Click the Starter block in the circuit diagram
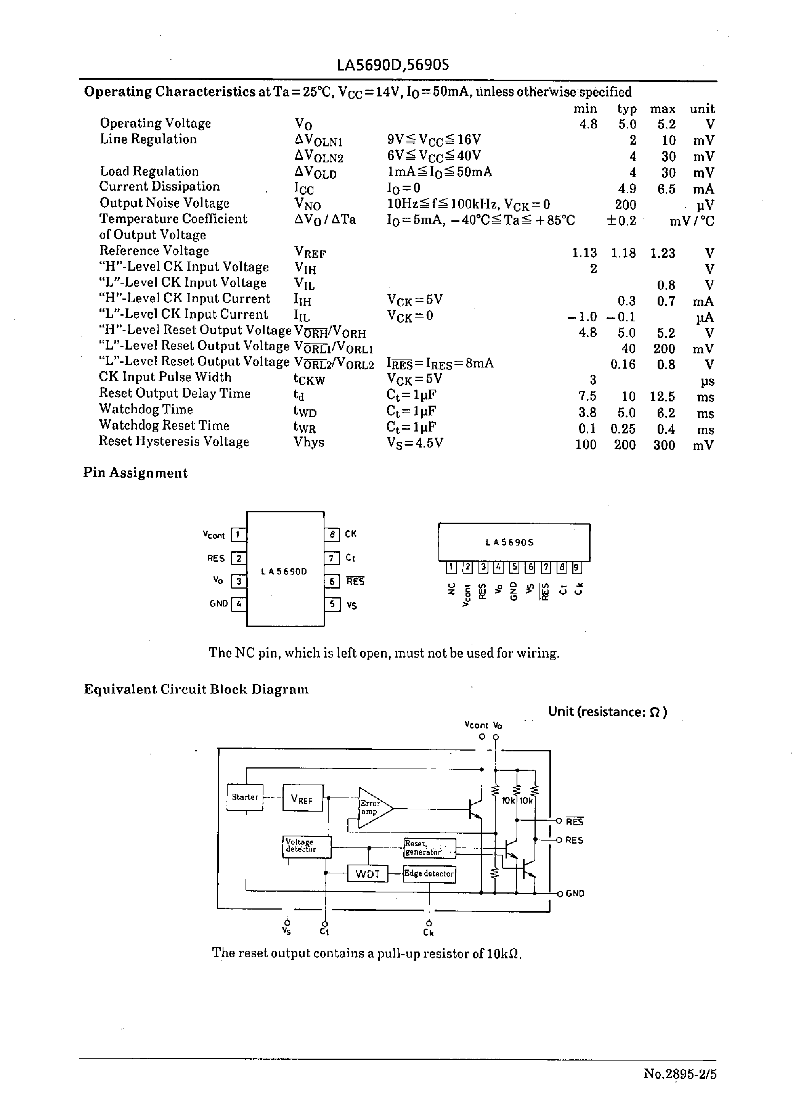pyautogui.click(x=245, y=797)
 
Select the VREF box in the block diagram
pyautogui.click(x=302, y=798)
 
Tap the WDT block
pyautogui.click(x=367, y=874)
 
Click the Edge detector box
pyautogui.click(x=429, y=874)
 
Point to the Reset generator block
pyautogui.click(x=430, y=848)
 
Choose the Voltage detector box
pyautogui.click(x=307, y=846)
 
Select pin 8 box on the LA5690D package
pyautogui.click(x=332, y=534)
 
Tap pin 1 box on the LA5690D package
pyautogui.click(x=238, y=535)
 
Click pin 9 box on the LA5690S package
pyautogui.click(x=577, y=567)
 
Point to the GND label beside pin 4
pyautogui.click(x=219, y=603)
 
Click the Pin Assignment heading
pyautogui.click(x=135, y=473)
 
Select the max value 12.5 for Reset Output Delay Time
pyautogui.click(x=662, y=396)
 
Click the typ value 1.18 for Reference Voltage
pyautogui.click(x=623, y=253)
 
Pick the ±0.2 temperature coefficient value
pyautogui.click(x=621, y=221)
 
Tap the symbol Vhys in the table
pyautogui.click(x=308, y=442)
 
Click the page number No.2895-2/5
pyautogui.click(x=680, y=1074)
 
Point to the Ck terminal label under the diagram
pyautogui.click(x=428, y=933)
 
